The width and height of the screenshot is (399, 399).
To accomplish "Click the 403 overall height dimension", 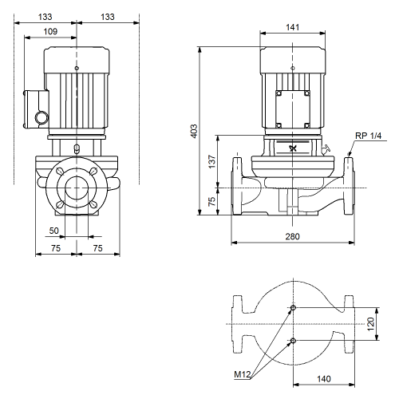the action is [195, 131].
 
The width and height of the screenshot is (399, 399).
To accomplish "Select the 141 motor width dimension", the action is [293, 27].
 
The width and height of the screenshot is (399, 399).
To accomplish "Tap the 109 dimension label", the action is [50, 31].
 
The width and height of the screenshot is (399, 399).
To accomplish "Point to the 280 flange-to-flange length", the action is [293, 236].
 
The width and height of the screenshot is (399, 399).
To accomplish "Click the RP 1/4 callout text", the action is [369, 136].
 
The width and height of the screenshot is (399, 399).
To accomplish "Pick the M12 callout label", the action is [243, 374].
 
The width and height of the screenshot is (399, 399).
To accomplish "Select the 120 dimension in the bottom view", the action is [370, 324].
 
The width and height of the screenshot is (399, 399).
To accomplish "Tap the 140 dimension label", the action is [324, 379].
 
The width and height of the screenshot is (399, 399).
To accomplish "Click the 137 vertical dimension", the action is [212, 161].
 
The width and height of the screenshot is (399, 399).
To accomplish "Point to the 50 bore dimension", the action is [53, 231].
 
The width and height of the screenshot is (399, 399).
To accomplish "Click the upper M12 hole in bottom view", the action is [293, 308].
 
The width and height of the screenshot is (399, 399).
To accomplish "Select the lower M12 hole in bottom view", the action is [293, 341].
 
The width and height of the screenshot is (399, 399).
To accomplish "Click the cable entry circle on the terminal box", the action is [41, 117].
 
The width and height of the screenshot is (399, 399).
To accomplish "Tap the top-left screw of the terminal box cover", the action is [279, 93].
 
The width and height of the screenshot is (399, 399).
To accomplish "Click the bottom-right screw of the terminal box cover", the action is [306, 125].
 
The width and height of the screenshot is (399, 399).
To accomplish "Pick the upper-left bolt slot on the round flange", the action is [61, 172].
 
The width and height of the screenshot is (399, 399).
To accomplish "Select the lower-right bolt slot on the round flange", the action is [93, 204].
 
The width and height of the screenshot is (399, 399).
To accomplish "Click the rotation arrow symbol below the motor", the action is [293, 148].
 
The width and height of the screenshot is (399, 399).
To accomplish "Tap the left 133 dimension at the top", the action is [45, 17].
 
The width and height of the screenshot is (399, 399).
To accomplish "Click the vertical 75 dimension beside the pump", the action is [212, 201].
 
